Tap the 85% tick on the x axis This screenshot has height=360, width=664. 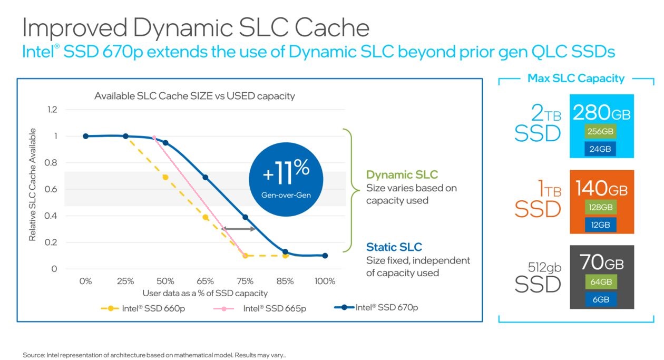[x=285, y=281]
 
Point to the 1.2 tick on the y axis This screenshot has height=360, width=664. [x=52, y=110]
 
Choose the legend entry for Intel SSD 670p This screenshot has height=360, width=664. [x=376, y=307]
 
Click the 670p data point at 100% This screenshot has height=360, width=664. [x=325, y=256]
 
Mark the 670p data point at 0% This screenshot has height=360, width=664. [x=85, y=136]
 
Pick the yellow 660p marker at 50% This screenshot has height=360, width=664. [x=165, y=177]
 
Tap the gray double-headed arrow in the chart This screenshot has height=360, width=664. [x=239, y=229]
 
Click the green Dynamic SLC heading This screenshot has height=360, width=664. [x=402, y=175]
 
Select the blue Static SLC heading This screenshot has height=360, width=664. [x=394, y=247]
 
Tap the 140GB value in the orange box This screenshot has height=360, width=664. [x=601, y=188]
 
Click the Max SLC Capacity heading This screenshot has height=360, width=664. [x=575, y=79]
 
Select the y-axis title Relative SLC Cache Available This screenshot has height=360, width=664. [x=33, y=184]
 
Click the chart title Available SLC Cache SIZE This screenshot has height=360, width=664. [x=194, y=96]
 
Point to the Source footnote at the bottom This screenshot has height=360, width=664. [x=154, y=355]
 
